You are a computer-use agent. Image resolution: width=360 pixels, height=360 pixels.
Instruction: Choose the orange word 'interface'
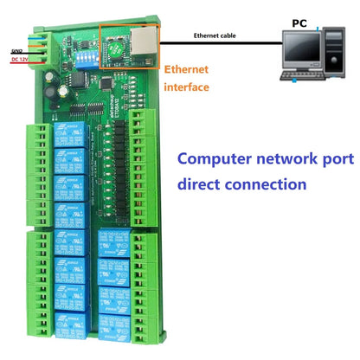186,87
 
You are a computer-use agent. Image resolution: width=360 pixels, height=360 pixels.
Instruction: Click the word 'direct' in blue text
201,184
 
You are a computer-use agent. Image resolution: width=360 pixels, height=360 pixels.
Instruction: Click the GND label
16,52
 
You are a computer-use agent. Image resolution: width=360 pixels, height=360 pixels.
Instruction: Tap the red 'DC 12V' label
19,60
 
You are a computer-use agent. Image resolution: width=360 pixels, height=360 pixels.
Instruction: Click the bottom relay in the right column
113,327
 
